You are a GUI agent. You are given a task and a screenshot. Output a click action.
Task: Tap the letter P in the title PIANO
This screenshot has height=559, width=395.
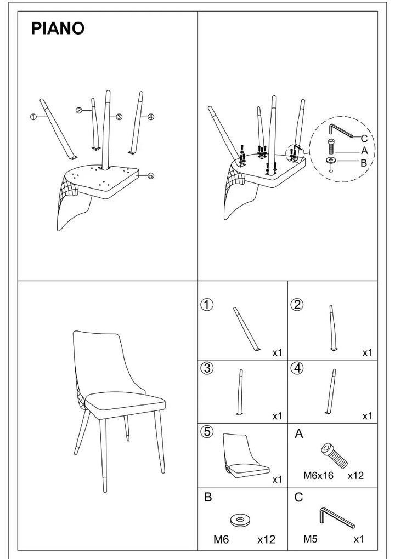36,28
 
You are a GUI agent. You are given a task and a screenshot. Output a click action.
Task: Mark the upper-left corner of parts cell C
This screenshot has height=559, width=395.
287,487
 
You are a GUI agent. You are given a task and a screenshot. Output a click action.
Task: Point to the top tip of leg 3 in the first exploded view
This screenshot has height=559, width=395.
108,92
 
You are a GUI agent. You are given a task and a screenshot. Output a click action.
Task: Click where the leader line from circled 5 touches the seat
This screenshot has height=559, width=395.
138,175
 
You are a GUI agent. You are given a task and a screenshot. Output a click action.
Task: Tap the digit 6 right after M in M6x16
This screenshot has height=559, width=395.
314,476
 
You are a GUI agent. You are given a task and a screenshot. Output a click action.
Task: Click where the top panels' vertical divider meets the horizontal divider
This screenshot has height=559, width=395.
198,281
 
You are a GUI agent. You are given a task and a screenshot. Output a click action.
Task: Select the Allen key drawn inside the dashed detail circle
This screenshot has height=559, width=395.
341,130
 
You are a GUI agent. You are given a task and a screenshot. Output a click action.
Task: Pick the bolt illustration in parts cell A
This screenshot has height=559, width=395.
334,455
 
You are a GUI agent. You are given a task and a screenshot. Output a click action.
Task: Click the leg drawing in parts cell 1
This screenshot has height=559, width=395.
247,329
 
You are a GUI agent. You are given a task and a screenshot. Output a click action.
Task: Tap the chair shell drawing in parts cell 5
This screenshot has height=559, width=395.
245,455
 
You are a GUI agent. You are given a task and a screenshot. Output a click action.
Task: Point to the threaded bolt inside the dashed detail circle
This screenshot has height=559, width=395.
331,146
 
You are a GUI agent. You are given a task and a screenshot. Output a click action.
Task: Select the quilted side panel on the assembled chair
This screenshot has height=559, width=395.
79,393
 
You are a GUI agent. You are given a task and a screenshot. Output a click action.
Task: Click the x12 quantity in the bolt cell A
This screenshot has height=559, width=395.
356,476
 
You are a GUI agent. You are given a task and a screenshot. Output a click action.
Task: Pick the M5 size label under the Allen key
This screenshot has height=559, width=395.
311,539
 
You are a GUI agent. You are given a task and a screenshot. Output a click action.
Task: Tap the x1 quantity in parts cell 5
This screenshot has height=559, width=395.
277,480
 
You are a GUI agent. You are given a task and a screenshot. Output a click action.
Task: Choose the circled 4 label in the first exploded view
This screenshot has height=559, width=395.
150,117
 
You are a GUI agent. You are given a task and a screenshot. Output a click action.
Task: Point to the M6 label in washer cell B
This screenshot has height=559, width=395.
221,539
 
